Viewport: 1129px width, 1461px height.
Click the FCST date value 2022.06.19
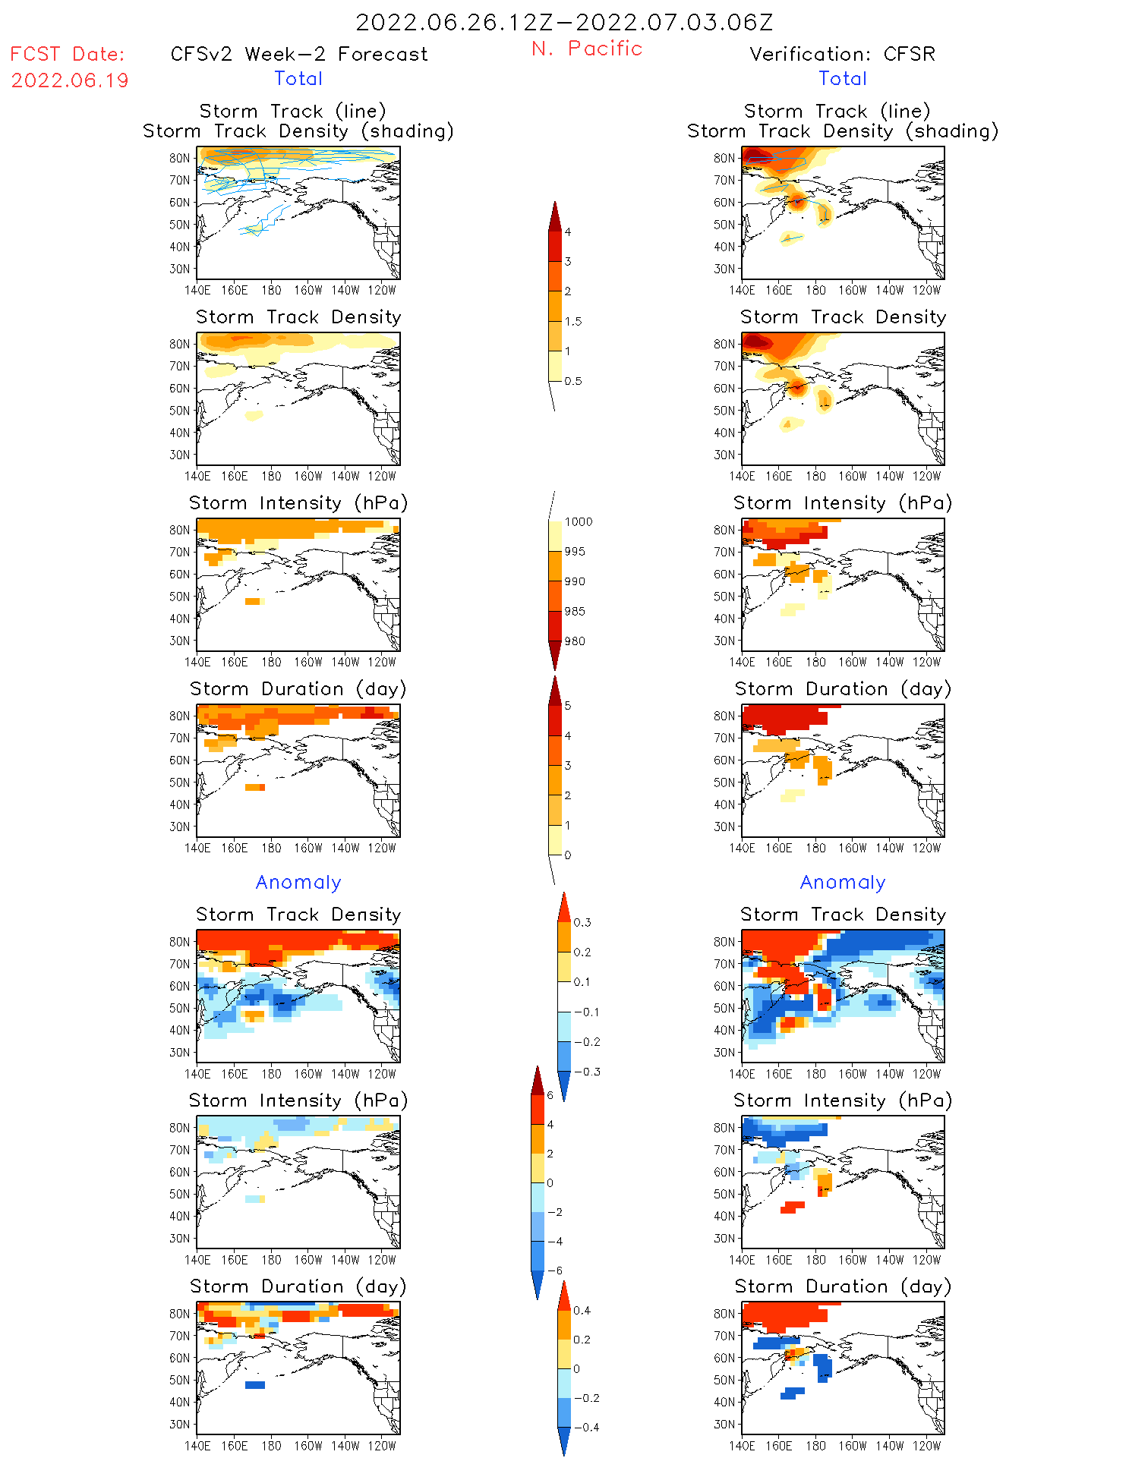(70, 80)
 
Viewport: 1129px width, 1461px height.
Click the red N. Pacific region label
(587, 49)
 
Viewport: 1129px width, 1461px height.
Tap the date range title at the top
(564, 22)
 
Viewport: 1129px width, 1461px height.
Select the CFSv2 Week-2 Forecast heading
(299, 54)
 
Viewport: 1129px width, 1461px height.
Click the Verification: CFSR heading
(842, 54)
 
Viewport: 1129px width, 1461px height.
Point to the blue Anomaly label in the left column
(298, 882)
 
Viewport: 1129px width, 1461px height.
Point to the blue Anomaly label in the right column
(843, 882)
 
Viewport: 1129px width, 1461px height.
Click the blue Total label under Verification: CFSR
(843, 78)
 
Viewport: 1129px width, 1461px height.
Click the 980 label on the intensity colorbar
(575, 641)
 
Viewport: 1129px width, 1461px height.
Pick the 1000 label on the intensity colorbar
(578, 521)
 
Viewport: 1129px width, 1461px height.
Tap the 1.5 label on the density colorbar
(573, 321)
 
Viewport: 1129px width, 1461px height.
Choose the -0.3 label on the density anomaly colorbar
(587, 1072)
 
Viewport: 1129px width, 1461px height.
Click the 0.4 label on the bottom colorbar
(582, 1310)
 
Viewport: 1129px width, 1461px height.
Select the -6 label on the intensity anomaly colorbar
(554, 1271)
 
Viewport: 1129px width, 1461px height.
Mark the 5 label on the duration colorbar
(567, 706)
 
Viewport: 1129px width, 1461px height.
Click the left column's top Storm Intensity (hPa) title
(298, 502)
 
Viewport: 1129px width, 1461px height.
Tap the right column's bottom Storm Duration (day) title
(843, 1286)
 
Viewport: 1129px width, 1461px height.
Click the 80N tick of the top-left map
(180, 158)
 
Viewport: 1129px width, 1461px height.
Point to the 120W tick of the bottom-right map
(926, 1446)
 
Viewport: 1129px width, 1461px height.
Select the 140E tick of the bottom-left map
(197, 1446)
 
